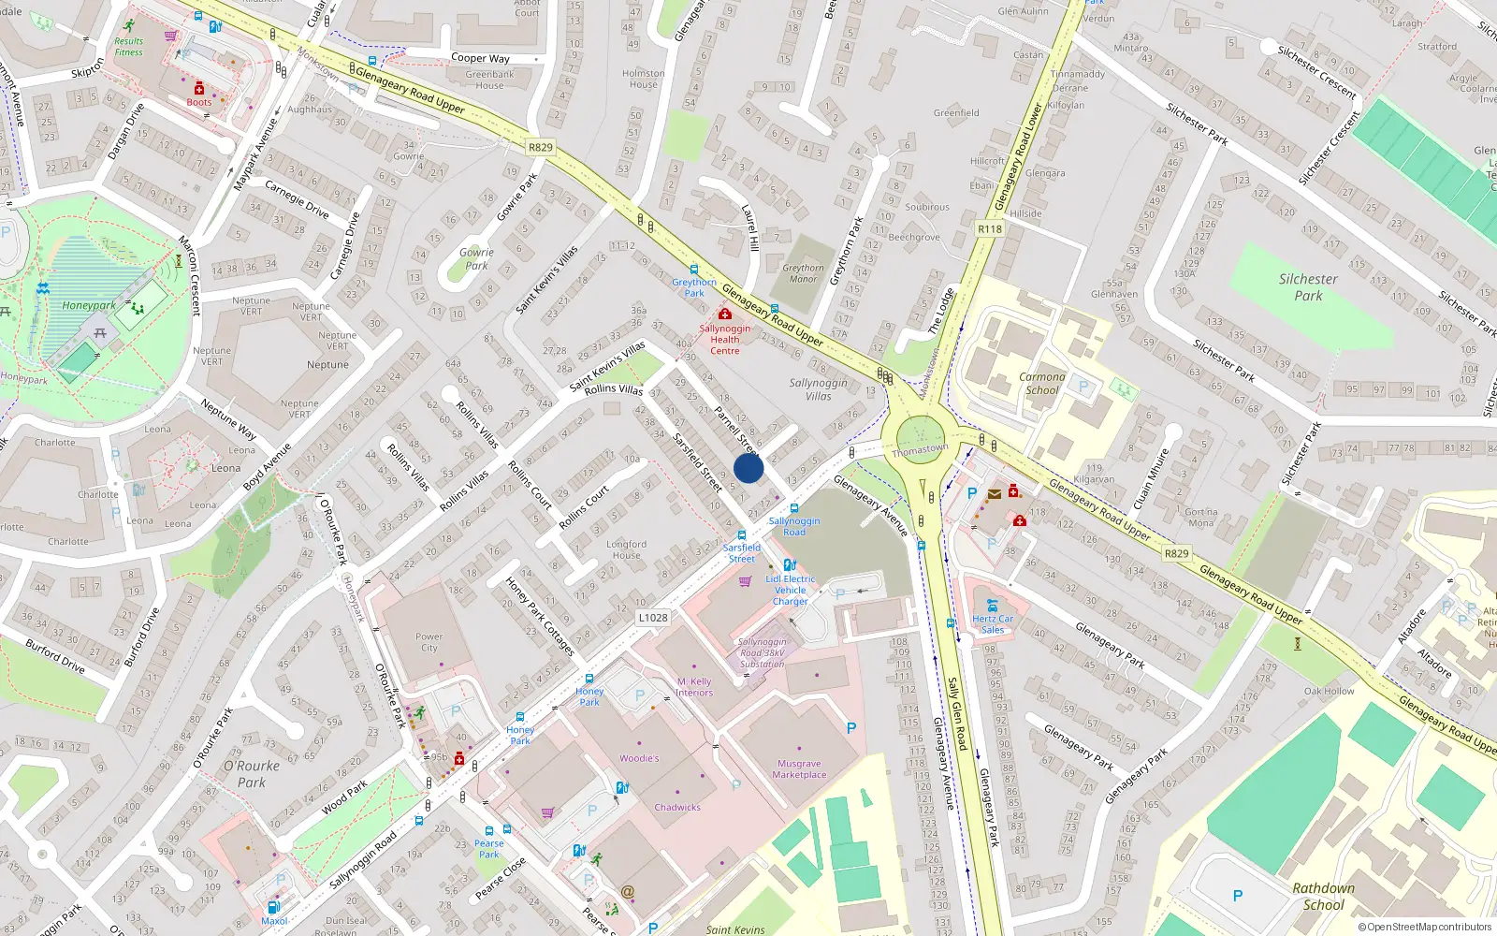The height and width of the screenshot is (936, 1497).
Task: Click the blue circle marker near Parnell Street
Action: pos(748,468)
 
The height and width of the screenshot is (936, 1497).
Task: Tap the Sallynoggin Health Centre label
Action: pos(724,339)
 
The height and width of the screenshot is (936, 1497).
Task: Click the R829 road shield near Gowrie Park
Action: pos(540,147)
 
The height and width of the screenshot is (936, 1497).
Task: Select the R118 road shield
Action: pos(989,228)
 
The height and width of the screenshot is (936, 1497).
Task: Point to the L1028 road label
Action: pos(653,618)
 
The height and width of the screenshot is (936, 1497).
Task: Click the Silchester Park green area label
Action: pos(1308,287)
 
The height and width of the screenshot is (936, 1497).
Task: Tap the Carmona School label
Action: pos(1041,384)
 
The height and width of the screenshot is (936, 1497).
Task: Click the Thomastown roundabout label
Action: pos(920,450)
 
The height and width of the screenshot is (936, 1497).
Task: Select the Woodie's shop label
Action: pos(639,758)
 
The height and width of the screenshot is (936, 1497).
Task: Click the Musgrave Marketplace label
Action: pos(799,769)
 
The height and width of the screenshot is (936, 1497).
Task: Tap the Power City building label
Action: pos(429,642)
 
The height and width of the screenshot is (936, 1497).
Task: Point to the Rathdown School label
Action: pos(1323,896)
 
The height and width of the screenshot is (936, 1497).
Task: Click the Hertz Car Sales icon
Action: pos(992,605)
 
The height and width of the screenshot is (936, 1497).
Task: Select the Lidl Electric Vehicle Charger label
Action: pos(790,590)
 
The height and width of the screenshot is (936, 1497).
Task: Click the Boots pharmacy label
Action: pos(198,102)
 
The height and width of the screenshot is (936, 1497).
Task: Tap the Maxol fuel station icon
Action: pos(273,906)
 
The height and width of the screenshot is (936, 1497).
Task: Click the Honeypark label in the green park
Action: pos(89,305)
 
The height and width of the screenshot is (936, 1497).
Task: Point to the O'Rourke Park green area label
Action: pos(251,773)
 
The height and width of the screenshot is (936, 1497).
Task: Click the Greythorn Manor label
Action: pos(803,273)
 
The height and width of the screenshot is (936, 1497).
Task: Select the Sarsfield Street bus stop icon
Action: pos(742,535)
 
